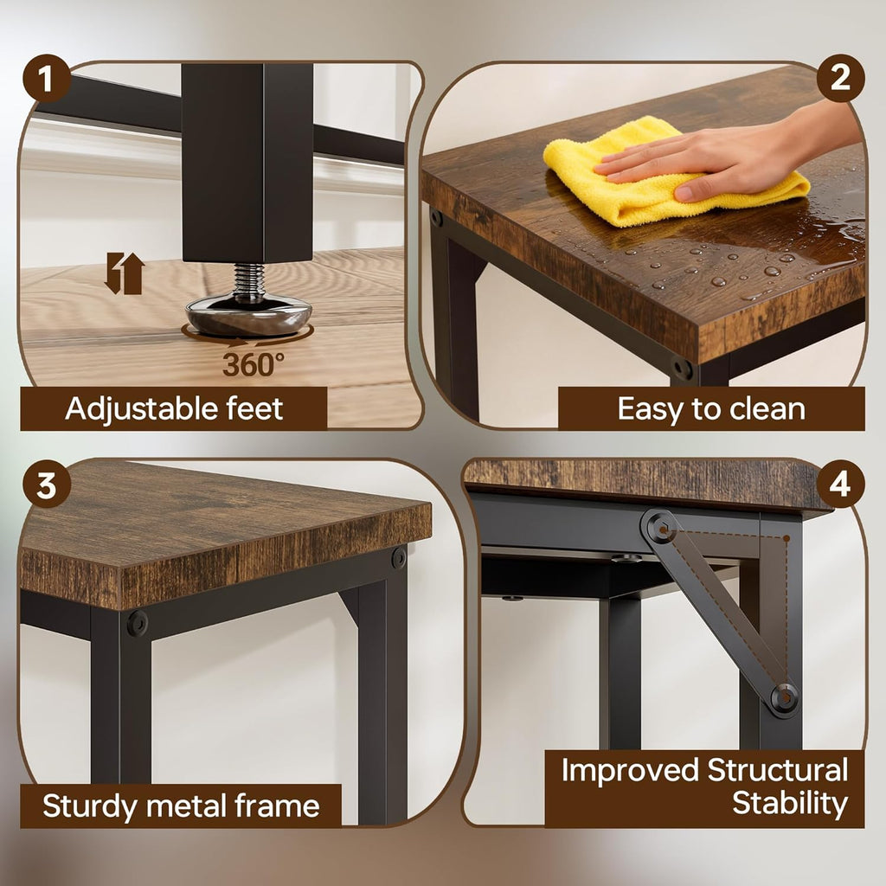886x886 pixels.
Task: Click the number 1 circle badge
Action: pyautogui.click(x=47, y=81)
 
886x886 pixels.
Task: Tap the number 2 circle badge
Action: pyautogui.click(x=839, y=79)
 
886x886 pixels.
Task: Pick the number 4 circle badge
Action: pyautogui.click(x=839, y=485)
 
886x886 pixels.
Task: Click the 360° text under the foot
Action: pyautogui.click(x=253, y=364)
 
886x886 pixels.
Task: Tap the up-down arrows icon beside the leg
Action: pyautogui.click(x=124, y=273)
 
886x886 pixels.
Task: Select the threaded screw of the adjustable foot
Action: pyautogui.click(x=249, y=280)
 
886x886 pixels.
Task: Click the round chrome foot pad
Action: pyautogui.click(x=247, y=315)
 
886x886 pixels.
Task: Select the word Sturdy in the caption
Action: pyautogui.click(x=91, y=806)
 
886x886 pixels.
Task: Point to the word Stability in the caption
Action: pyautogui.click(x=789, y=803)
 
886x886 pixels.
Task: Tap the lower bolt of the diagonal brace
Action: pyautogui.click(x=784, y=699)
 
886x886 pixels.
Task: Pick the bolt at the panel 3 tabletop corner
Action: pyautogui.click(x=398, y=558)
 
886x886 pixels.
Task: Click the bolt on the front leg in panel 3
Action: pyautogui.click(x=137, y=623)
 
